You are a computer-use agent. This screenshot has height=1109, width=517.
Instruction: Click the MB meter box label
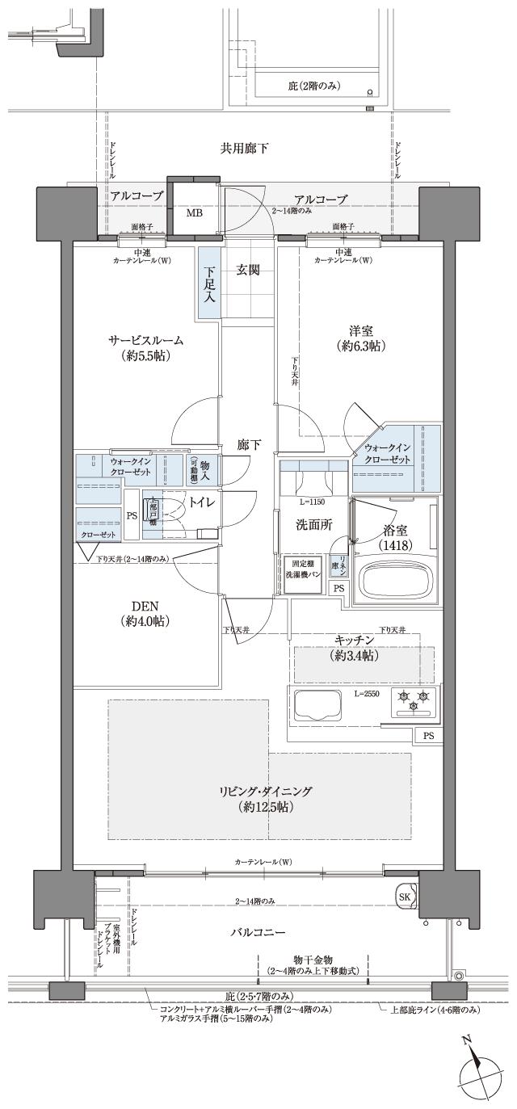tap(195, 214)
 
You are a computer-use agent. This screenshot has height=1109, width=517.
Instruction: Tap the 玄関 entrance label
tap(248, 271)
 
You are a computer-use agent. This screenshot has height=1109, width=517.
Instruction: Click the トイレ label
tap(200, 502)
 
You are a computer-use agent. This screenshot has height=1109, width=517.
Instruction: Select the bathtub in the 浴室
tap(396, 579)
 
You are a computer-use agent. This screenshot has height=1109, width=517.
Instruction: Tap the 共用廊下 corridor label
tap(244, 148)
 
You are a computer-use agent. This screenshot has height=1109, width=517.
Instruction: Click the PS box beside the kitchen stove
tap(428, 735)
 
